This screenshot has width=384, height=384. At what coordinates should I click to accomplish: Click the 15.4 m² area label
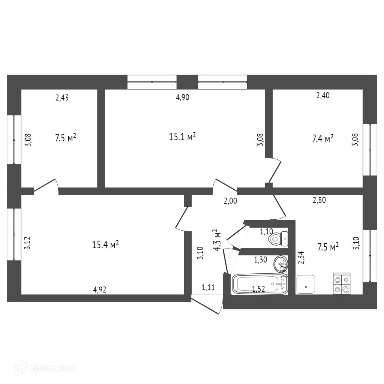[x=105, y=245]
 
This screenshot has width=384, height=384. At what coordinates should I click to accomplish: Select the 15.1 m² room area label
[x=183, y=137]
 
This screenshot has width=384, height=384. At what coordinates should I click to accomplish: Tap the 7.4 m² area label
[x=323, y=139]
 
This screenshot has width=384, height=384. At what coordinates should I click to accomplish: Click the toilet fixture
[x=278, y=238]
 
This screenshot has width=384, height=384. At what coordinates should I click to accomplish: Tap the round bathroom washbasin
[x=279, y=263]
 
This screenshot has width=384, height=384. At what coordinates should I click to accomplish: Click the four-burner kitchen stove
[x=341, y=284]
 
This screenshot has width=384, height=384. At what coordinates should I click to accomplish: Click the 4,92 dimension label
[x=99, y=289]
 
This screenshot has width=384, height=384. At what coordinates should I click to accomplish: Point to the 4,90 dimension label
[x=183, y=97]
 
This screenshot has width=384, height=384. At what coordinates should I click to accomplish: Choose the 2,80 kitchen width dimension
[x=319, y=200]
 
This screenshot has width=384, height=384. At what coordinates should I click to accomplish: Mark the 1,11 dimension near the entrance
[x=208, y=288]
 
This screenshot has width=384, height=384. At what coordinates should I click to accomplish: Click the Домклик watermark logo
[x=47, y=368]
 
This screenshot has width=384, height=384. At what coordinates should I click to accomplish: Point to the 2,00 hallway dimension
[x=230, y=201]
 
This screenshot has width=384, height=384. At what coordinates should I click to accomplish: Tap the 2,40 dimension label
[x=323, y=96]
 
